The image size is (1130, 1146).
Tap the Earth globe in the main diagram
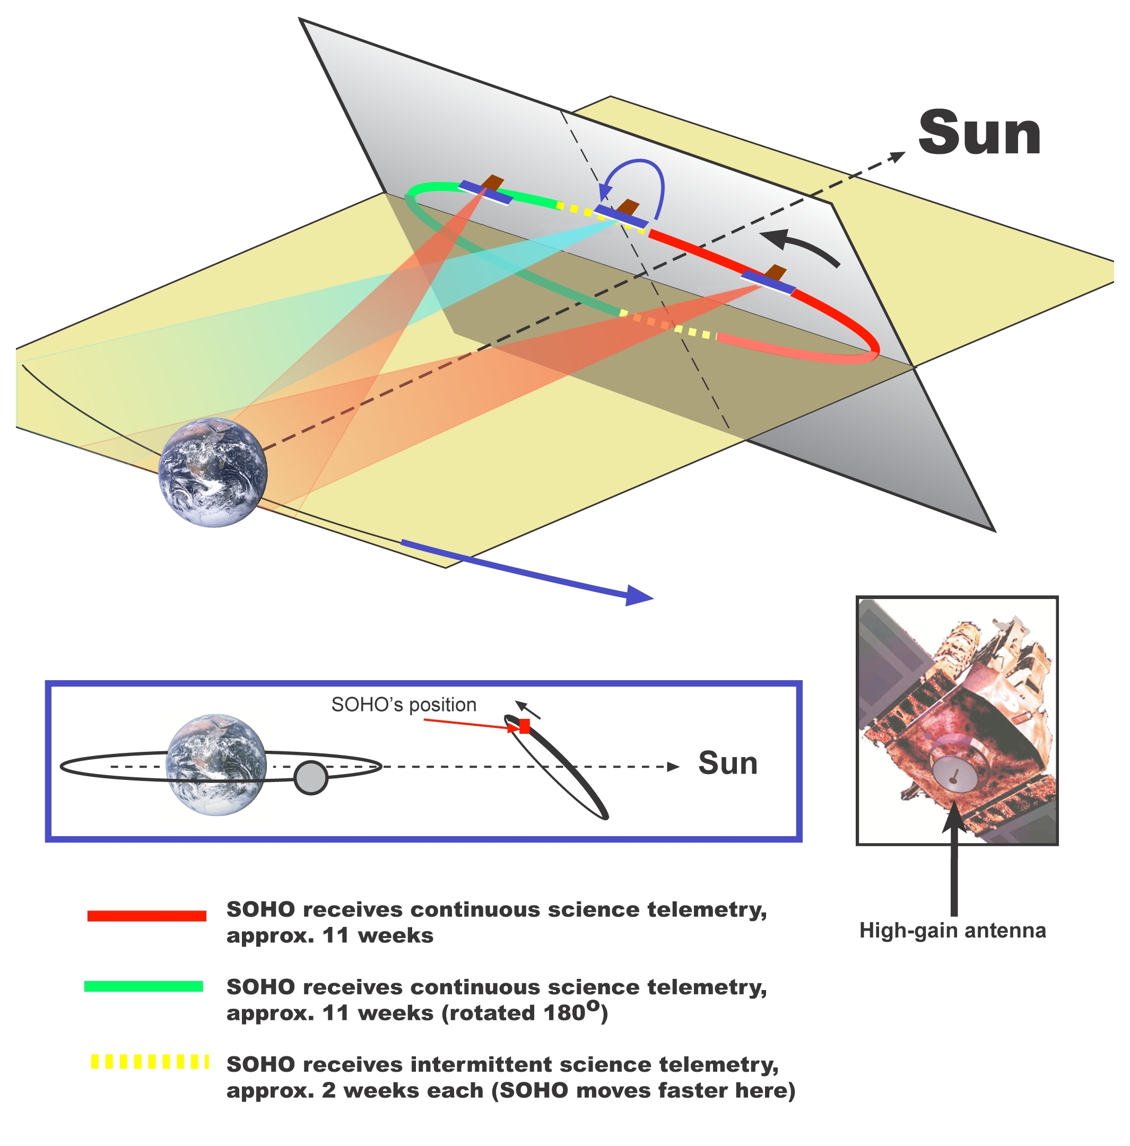[x=213, y=472]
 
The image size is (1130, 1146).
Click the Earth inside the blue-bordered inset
[x=216, y=765]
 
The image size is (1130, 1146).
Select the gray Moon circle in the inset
[x=310, y=778]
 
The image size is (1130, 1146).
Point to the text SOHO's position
[x=403, y=705]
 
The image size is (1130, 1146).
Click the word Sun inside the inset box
[x=727, y=763]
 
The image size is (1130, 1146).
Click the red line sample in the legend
[x=146, y=916]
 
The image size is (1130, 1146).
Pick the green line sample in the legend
[x=144, y=986]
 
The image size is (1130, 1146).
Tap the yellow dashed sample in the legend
[x=149, y=1062]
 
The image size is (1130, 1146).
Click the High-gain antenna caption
[x=952, y=930]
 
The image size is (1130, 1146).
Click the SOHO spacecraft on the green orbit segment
[x=486, y=190]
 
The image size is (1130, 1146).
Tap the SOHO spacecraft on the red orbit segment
[x=769, y=280]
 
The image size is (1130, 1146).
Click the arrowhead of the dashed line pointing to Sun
[x=899, y=155]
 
